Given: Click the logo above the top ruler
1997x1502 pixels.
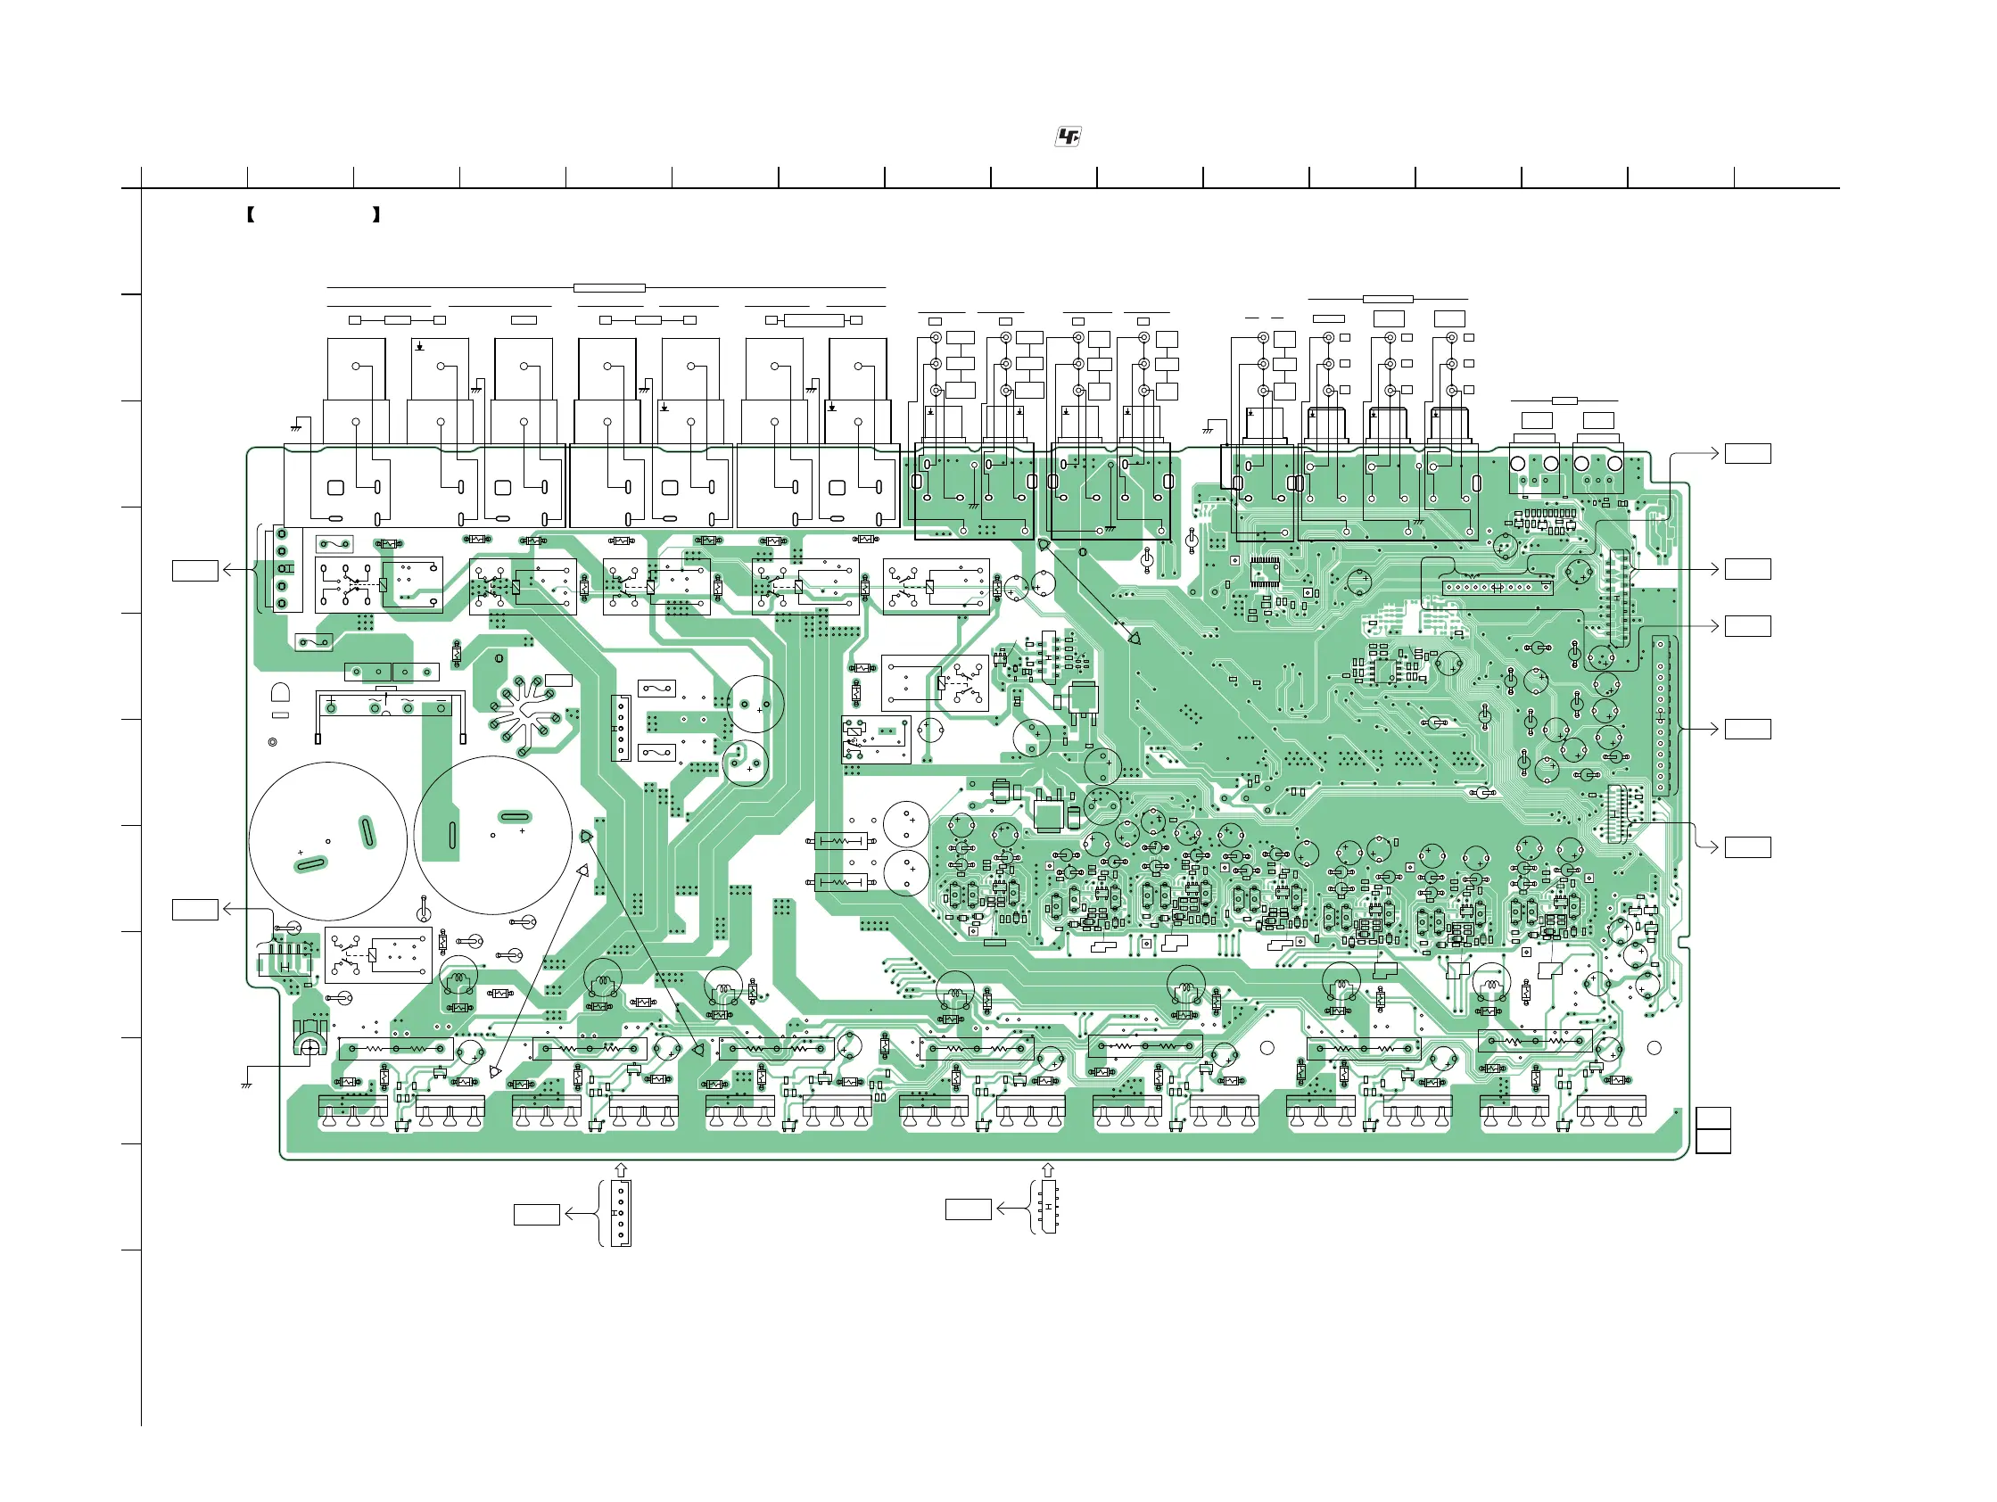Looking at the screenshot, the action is click(x=1068, y=136).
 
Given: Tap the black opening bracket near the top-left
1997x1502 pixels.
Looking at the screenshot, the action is click(x=250, y=215).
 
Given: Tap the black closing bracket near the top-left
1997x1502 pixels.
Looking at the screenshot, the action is click(x=375, y=215).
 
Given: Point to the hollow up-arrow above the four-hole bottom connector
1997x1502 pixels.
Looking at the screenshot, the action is click(x=620, y=1171).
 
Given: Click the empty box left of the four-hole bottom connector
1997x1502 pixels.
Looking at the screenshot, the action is click(x=536, y=1214).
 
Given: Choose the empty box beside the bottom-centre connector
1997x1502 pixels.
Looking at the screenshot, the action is click(x=968, y=1209).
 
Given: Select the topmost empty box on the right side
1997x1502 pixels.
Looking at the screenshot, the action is click(x=1747, y=453).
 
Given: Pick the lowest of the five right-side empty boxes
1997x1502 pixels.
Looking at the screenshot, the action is click(x=1747, y=846).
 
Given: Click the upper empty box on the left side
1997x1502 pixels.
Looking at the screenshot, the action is click(x=195, y=571).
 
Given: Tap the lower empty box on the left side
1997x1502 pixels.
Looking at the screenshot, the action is click(x=195, y=909).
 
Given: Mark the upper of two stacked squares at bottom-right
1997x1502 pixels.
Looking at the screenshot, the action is click(x=1712, y=1118).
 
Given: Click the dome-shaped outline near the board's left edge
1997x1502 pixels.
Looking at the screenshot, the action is click(x=281, y=692).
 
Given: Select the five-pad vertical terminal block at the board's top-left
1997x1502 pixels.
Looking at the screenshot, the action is click(x=282, y=569).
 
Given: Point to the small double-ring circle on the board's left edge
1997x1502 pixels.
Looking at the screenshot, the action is click(x=273, y=742).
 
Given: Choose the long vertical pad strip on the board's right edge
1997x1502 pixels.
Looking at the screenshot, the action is click(x=1659, y=715).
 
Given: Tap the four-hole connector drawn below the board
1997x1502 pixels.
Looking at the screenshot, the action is click(x=621, y=1214).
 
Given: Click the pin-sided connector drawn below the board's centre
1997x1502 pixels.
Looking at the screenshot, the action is click(x=1048, y=1206).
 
